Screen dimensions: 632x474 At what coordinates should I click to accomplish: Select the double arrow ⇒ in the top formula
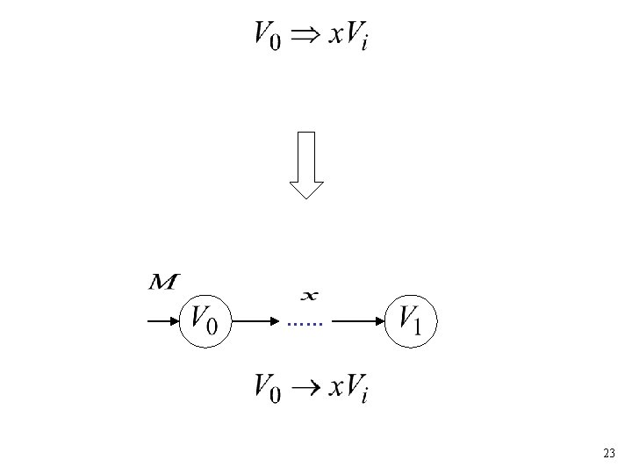tap(305, 35)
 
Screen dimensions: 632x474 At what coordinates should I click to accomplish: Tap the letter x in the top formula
tap(338, 38)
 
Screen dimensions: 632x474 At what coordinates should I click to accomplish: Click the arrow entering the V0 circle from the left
tap(162, 321)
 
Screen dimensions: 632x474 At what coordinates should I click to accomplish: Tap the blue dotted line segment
tap(305, 325)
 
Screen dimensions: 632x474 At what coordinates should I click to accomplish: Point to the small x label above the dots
tap(309, 294)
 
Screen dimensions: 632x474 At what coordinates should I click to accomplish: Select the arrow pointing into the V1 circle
tap(359, 321)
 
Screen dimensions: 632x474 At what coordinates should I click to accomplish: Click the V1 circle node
tap(411, 320)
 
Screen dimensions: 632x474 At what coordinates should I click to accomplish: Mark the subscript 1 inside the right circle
tap(418, 327)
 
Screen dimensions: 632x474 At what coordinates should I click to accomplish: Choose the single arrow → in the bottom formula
tap(305, 387)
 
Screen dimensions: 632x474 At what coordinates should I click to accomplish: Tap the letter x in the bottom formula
tap(338, 389)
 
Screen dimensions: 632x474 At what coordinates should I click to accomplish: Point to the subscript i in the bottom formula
tap(364, 397)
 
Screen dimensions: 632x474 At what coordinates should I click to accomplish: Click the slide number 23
tap(609, 454)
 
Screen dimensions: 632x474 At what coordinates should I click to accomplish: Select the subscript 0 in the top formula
tap(276, 43)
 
